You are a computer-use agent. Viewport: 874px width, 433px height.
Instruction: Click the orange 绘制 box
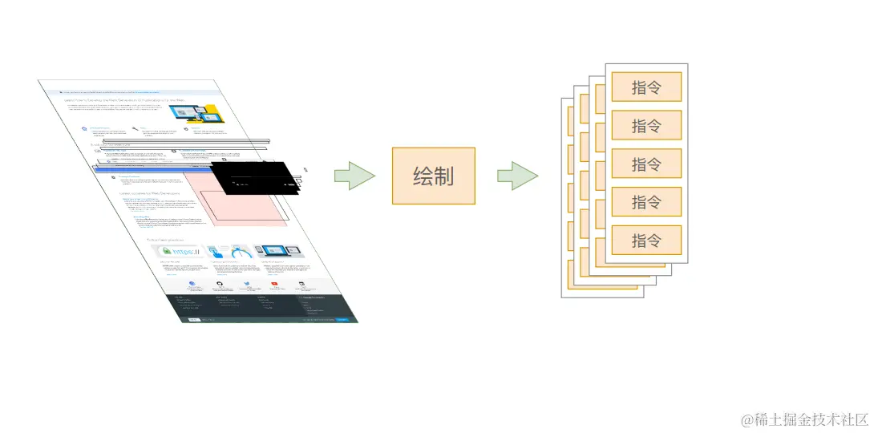(433, 176)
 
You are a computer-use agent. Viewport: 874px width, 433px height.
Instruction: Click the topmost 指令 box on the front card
(646, 87)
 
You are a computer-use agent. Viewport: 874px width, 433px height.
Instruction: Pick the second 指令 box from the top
(646, 125)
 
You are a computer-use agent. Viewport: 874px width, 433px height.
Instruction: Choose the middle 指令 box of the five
(646, 164)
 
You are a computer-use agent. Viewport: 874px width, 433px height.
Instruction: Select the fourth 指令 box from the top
(646, 202)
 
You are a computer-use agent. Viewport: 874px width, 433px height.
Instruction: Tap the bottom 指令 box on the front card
(646, 240)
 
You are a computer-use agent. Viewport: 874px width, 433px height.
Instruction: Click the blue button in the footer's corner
(342, 320)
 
